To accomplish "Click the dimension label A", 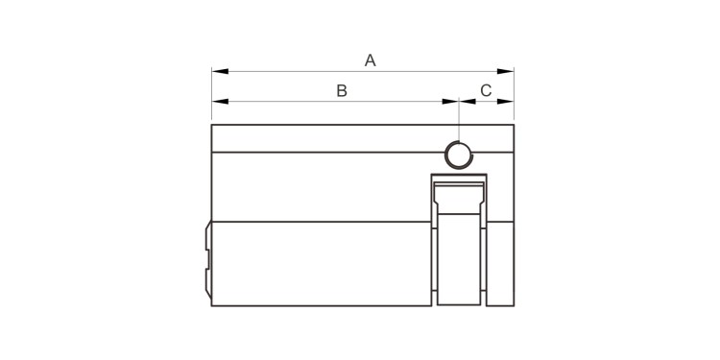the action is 371,60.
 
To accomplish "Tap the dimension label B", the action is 342,91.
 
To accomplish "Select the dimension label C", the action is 486,91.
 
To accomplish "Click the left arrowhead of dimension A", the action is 220,71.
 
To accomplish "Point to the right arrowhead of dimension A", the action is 506,71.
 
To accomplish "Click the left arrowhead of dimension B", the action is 220,102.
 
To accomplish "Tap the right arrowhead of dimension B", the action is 450,102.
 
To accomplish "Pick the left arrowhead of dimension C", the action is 468,102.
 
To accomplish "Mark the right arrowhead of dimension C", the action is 506,102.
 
